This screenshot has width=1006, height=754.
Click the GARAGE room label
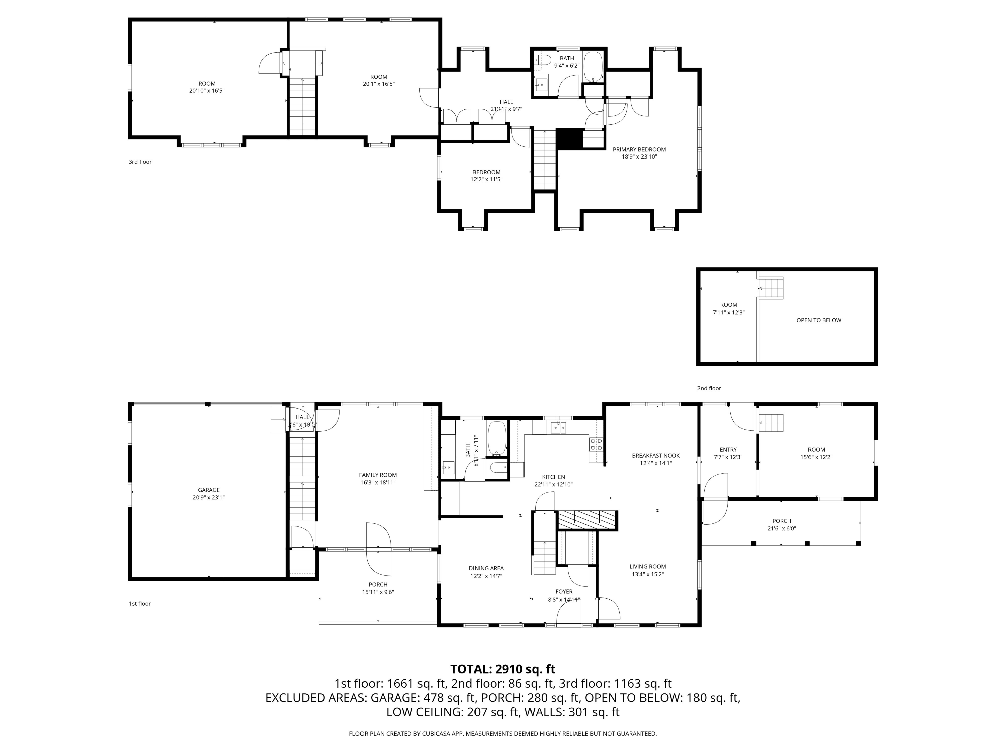click(x=209, y=490)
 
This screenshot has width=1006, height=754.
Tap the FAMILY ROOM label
click(x=378, y=475)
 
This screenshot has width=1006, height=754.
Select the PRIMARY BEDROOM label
click(x=639, y=149)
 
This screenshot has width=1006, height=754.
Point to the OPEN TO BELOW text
click(x=819, y=320)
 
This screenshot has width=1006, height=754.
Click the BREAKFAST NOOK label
click(x=656, y=455)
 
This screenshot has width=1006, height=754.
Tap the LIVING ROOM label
click(x=648, y=566)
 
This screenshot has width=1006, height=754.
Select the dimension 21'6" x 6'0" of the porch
click(x=781, y=528)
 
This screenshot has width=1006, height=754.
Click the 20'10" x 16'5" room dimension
click(x=207, y=90)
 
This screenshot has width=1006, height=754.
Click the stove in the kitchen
click(x=596, y=444)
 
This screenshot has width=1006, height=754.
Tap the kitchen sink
click(x=558, y=427)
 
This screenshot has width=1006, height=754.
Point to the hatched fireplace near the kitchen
click(x=587, y=520)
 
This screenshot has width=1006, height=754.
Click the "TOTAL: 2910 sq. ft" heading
click(x=503, y=669)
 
